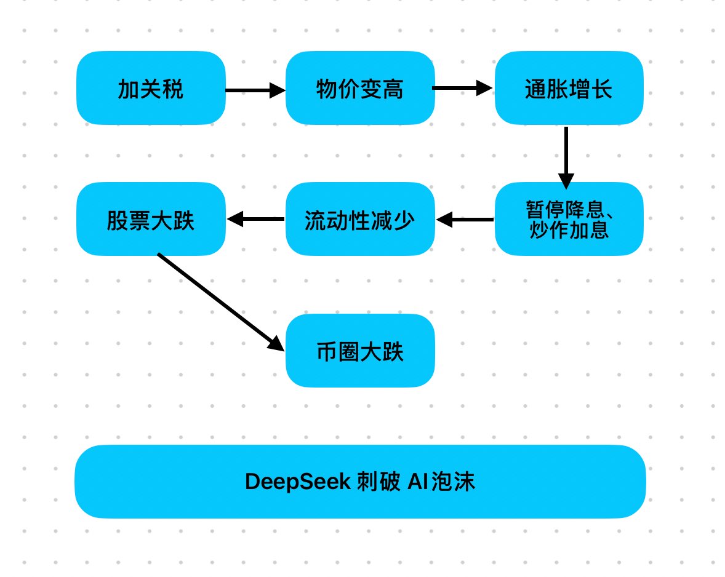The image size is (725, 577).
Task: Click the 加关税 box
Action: [x=151, y=89]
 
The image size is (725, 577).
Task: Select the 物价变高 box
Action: [x=360, y=89]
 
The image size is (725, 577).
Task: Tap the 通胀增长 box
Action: [x=569, y=89]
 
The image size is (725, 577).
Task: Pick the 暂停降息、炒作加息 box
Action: [x=569, y=219]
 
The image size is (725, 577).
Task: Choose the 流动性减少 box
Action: [x=360, y=219]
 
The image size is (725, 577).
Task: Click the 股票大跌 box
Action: [x=151, y=219]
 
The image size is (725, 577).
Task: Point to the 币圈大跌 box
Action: [x=360, y=351]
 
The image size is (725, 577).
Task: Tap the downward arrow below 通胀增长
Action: [x=566, y=157]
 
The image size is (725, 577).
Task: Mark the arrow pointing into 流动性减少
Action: [x=465, y=219]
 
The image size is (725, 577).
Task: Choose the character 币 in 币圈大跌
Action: [x=327, y=351]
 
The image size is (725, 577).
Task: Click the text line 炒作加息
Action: [x=569, y=230]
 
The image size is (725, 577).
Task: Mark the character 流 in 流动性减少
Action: [x=314, y=220]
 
